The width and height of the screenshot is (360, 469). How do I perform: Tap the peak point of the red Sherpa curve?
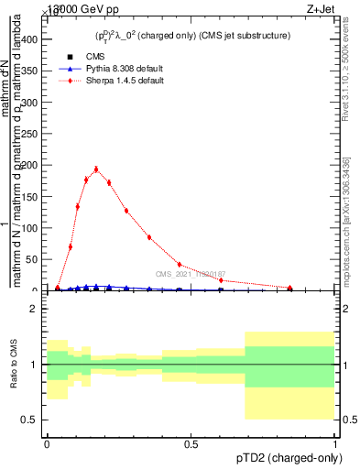point(96,169)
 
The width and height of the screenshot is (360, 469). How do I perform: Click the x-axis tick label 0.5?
point(191,444)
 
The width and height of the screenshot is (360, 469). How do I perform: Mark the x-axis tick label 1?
point(334,444)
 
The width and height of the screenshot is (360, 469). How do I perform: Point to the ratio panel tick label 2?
point(34,309)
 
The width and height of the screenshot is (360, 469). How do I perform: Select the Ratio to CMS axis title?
point(13,365)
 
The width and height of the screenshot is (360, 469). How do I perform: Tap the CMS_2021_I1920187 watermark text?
point(190,274)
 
